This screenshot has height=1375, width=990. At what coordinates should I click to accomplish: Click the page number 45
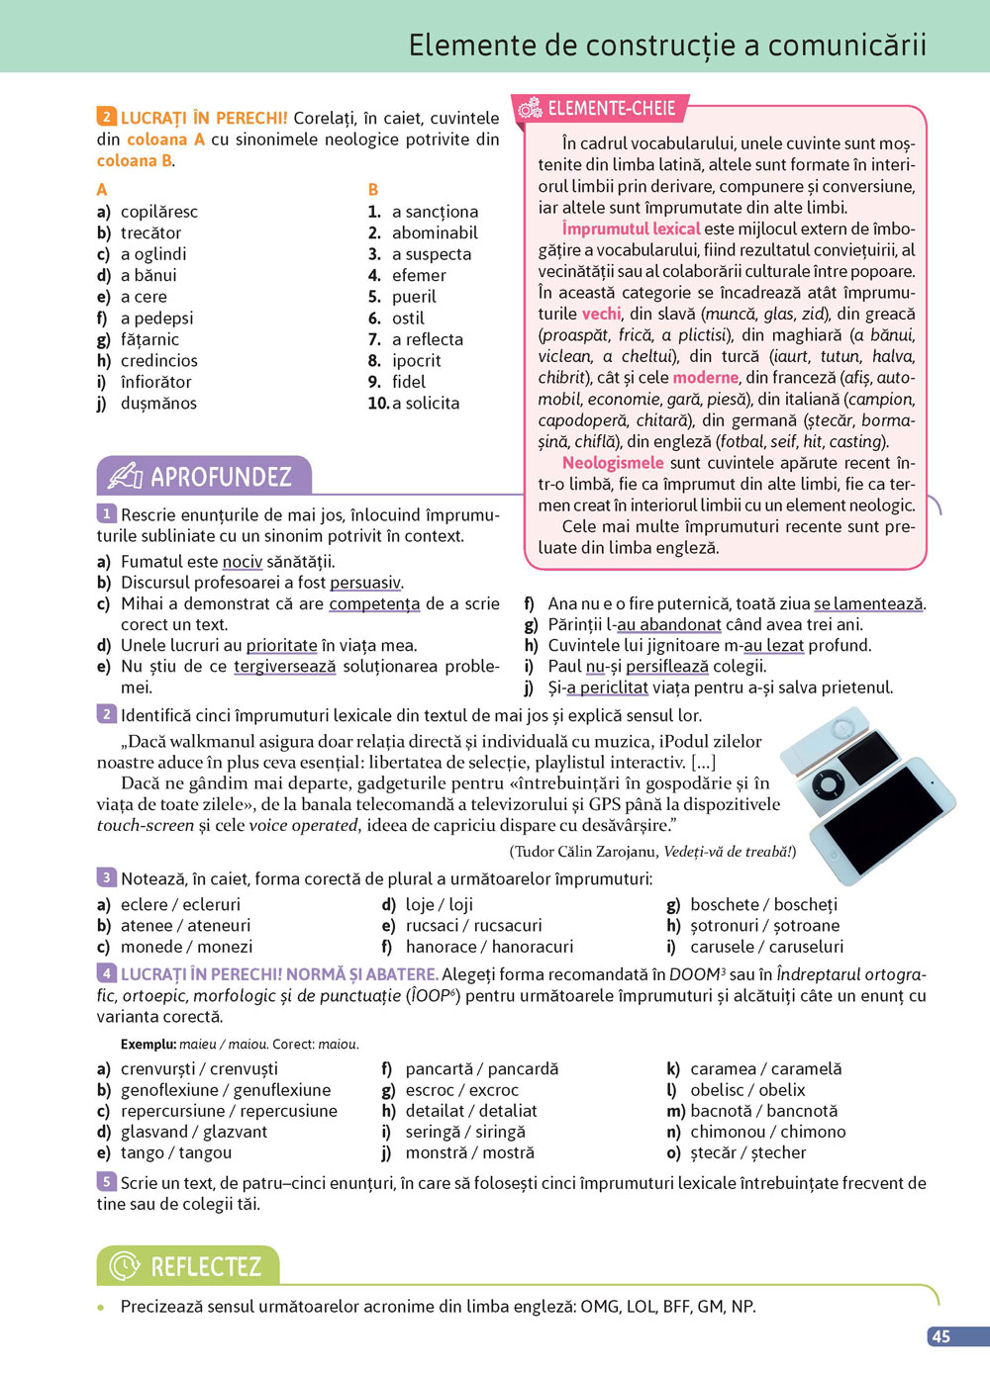940,1336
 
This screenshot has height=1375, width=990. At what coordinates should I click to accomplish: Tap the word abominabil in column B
435,232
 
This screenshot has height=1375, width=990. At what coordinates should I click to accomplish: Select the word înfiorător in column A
155,382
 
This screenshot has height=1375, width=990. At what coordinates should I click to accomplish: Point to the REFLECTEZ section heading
205,1266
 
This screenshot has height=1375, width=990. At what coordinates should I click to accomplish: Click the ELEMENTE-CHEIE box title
611,109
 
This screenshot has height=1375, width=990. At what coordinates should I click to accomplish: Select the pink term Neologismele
613,463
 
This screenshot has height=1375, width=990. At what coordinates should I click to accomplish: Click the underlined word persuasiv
365,583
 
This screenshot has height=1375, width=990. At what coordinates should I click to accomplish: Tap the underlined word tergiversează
285,666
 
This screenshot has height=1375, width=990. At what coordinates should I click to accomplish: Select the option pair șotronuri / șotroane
764,925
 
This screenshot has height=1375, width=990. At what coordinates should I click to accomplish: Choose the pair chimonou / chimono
767,1132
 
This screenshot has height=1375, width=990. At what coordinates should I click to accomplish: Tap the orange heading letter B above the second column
373,189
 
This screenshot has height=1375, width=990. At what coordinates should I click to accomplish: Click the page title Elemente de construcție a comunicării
667,46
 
